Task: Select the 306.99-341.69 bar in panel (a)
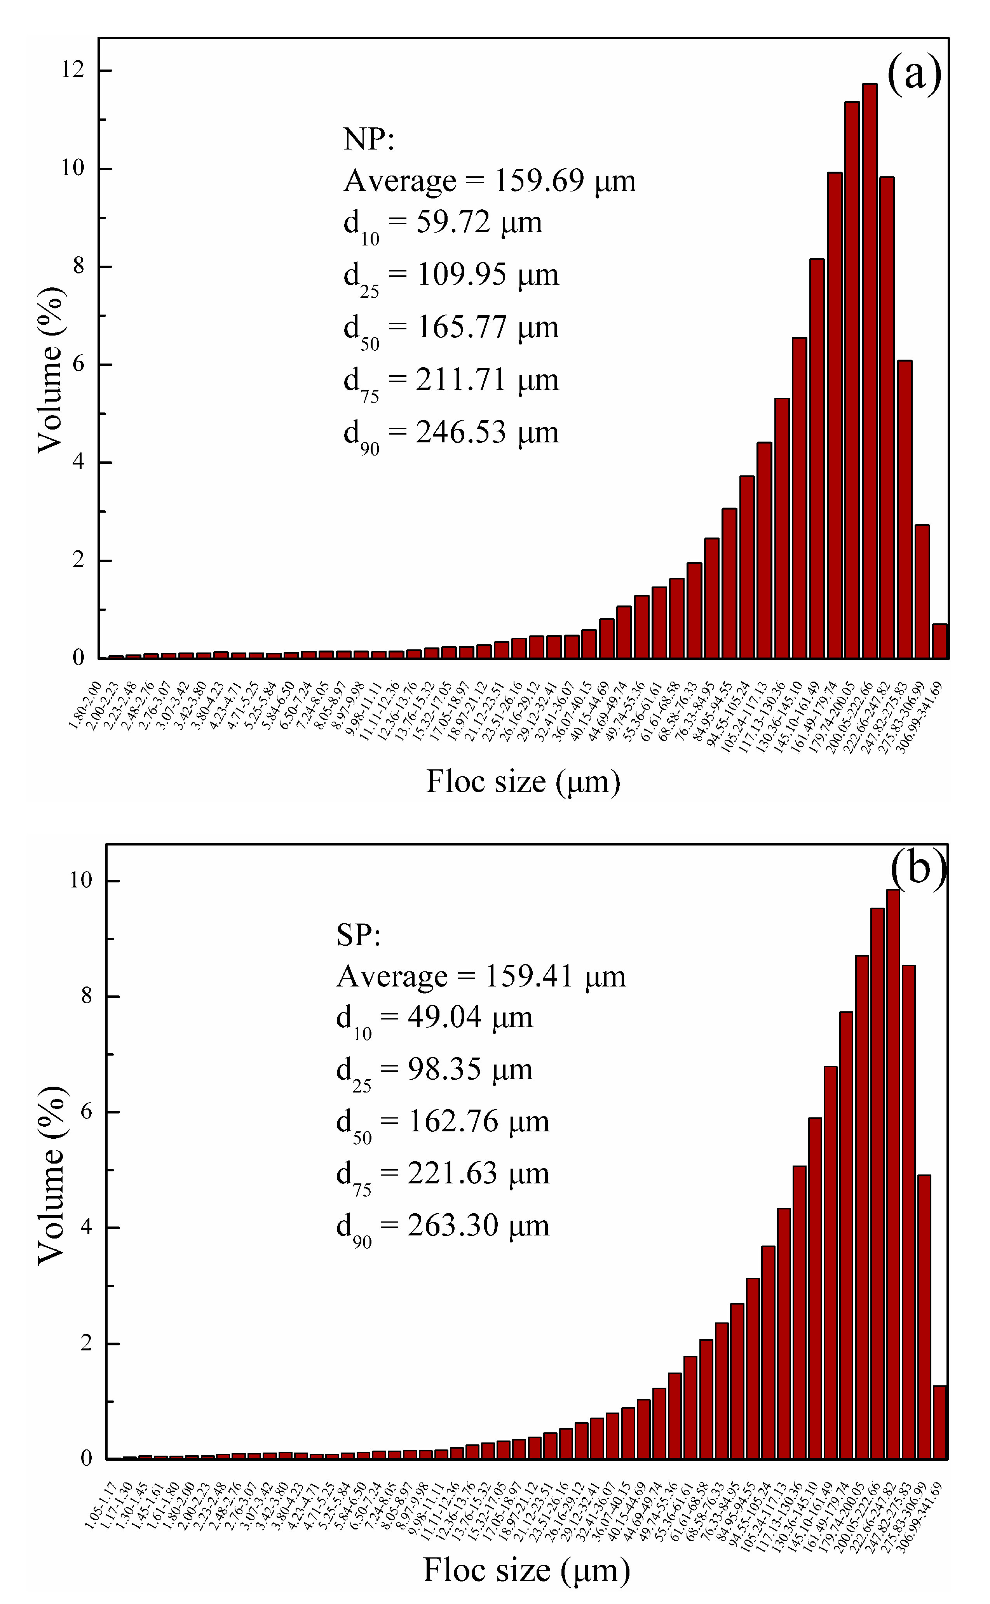click(939, 641)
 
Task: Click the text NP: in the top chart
click(369, 139)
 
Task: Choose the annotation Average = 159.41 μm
click(481, 976)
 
